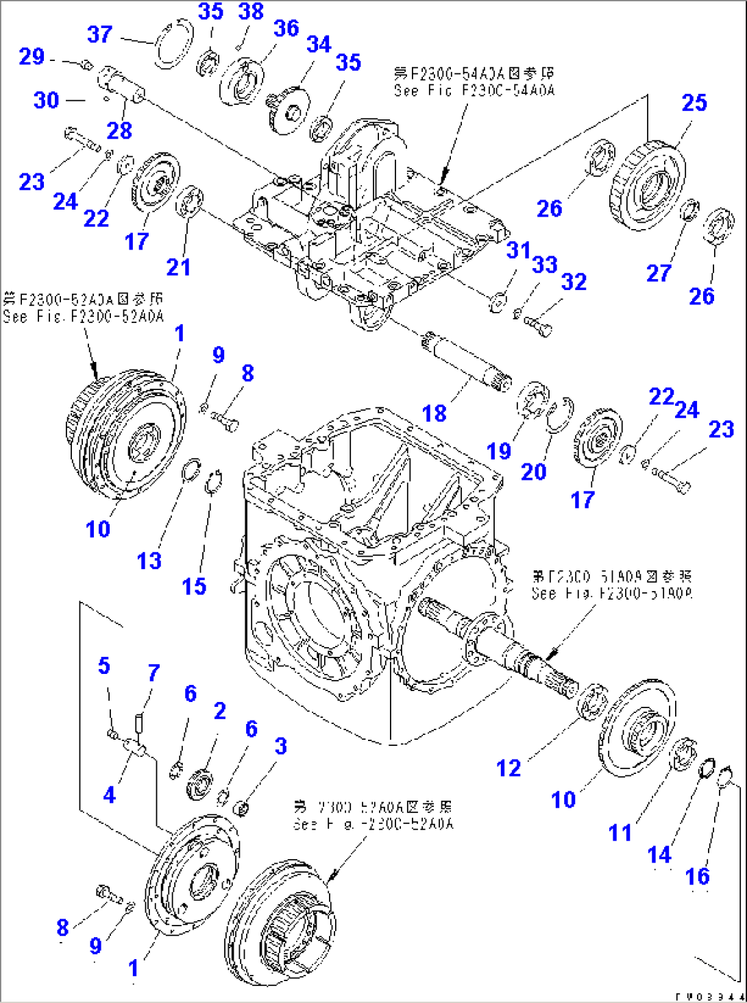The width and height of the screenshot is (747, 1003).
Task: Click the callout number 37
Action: click(100, 34)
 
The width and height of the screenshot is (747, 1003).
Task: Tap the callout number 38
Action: click(251, 12)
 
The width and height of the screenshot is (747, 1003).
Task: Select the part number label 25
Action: click(694, 103)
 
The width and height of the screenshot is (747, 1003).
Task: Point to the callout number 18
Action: click(434, 413)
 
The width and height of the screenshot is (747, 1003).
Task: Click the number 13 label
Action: click(149, 561)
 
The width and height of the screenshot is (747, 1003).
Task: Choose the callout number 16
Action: click(698, 876)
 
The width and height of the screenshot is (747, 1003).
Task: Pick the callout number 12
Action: click(509, 769)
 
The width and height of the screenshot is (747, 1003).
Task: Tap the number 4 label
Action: click(110, 795)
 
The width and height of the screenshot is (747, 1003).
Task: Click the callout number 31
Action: click(519, 250)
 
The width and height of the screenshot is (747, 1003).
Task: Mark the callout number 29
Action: click(32, 56)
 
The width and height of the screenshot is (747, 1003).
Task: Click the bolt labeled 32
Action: click(538, 324)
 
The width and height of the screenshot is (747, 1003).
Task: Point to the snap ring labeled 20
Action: click(559, 414)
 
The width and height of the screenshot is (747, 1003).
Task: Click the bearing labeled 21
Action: click(190, 202)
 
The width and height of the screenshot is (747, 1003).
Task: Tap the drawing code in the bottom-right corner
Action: click(709, 996)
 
